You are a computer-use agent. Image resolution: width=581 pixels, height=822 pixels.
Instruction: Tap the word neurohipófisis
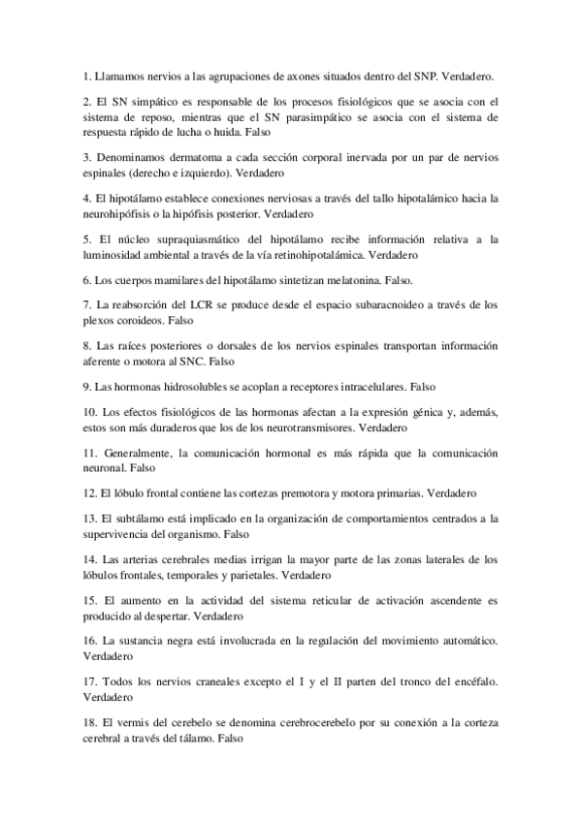[120, 212]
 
